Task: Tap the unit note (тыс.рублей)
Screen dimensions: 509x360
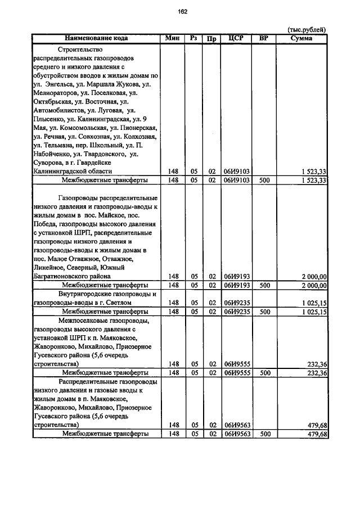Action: (x=307, y=30)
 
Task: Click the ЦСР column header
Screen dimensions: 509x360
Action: (x=236, y=38)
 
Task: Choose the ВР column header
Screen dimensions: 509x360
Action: (x=263, y=38)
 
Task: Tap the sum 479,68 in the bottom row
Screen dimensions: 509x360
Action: (x=317, y=434)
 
